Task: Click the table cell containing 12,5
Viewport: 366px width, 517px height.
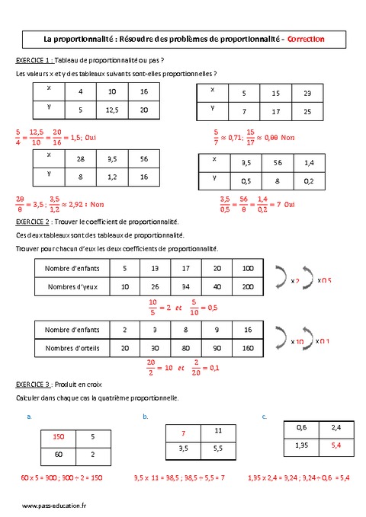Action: (112, 110)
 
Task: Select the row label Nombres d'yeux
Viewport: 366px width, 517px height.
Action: (72, 287)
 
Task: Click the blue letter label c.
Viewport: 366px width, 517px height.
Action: (264, 416)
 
